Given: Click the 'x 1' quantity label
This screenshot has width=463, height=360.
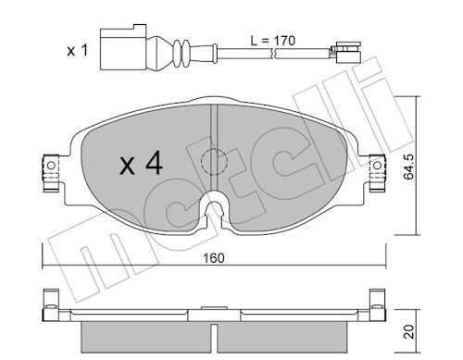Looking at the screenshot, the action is [78, 50].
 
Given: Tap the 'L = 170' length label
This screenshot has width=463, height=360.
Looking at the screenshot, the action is [272, 41].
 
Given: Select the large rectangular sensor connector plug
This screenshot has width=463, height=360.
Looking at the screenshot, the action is [123, 47].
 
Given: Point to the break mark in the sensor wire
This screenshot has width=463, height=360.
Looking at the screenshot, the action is [272, 54].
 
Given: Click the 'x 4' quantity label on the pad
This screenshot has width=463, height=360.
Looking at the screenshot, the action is [141, 164].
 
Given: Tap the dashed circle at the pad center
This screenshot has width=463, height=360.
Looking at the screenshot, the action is [214, 161].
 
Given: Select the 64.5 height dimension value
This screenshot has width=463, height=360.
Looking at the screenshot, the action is [409, 167].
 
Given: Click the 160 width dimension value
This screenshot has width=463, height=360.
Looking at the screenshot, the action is [214, 258].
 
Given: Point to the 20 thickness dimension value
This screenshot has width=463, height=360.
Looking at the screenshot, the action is [409, 331].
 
